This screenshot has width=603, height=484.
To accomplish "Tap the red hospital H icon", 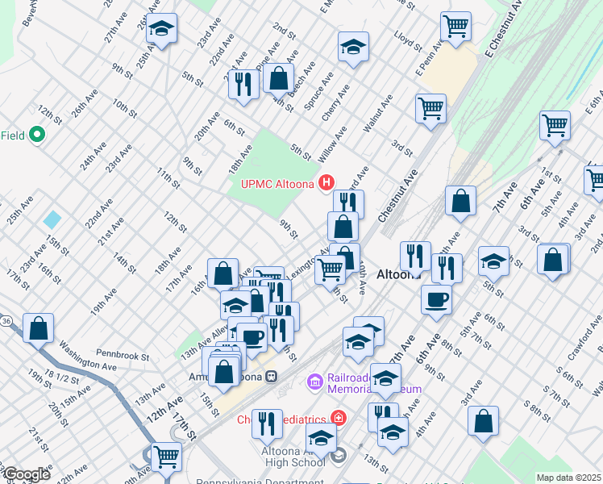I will (326, 184).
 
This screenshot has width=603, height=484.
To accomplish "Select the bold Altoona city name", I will (396, 274).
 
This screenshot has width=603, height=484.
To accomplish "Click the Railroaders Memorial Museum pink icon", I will (314, 379).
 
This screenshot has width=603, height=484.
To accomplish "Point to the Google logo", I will (26, 474).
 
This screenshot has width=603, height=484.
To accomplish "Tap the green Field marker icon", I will (36, 135).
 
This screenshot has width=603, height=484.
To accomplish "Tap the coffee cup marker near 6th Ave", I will (436, 299).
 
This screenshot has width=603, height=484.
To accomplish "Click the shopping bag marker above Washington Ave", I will (38, 328).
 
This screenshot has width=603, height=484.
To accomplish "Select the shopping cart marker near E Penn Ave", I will (456, 26).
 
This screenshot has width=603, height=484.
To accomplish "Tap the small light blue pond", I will (53, 219).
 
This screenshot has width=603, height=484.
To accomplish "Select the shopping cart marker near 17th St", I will (165, 457).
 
